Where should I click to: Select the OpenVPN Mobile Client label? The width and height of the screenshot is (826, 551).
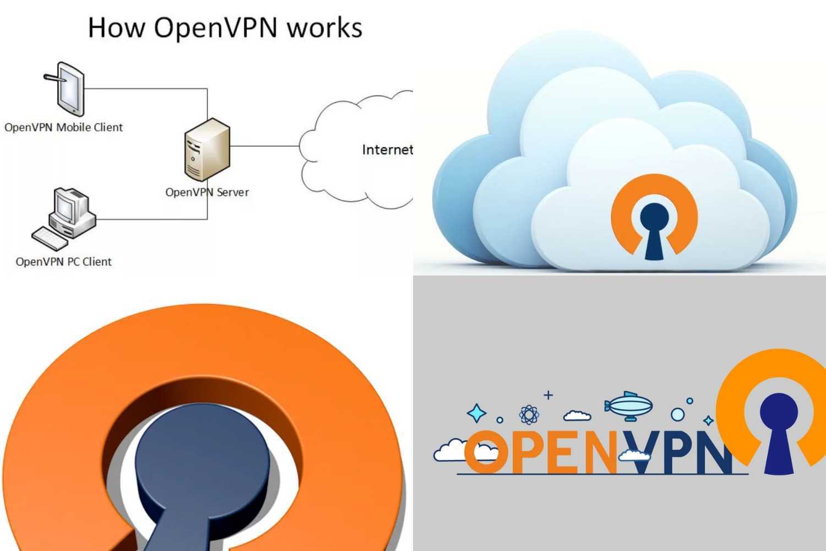(x=63, y=127)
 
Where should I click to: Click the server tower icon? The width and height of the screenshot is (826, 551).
(x=206, y=150)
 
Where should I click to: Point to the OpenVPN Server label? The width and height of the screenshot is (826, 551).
(x=207, y=192)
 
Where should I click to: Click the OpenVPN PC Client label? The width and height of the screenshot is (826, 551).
(x=63, y=262)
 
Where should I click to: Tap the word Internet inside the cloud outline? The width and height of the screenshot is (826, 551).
(x=387, y=149)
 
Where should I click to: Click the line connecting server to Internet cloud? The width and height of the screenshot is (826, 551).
(x=264, y=146)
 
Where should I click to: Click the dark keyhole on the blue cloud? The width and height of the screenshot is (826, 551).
(x=654, y=227)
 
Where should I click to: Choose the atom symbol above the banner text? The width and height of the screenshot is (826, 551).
(x=529, y=414)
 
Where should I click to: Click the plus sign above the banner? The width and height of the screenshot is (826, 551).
(x=548, y=395)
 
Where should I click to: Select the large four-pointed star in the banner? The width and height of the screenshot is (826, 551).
(x=477, y=413)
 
